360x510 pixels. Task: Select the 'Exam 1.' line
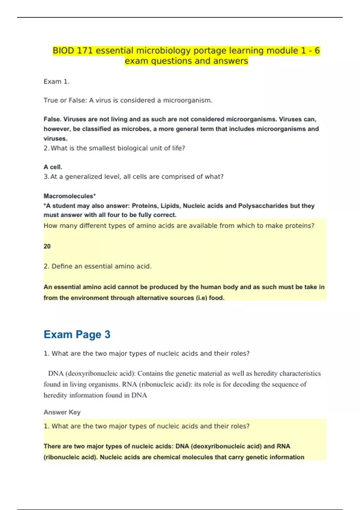coord(56,82)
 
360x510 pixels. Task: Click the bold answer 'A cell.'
coord(53,167)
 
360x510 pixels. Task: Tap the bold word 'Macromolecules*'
coord(70,196)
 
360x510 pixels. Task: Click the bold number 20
coord(47,246)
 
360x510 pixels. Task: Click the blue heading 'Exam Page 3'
coord(77,334)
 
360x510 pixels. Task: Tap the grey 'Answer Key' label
coord(62,412)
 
